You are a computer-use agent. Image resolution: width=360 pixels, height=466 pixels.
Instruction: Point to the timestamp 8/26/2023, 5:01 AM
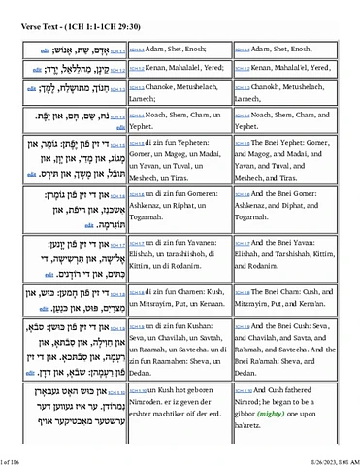[x=323, y=458]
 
